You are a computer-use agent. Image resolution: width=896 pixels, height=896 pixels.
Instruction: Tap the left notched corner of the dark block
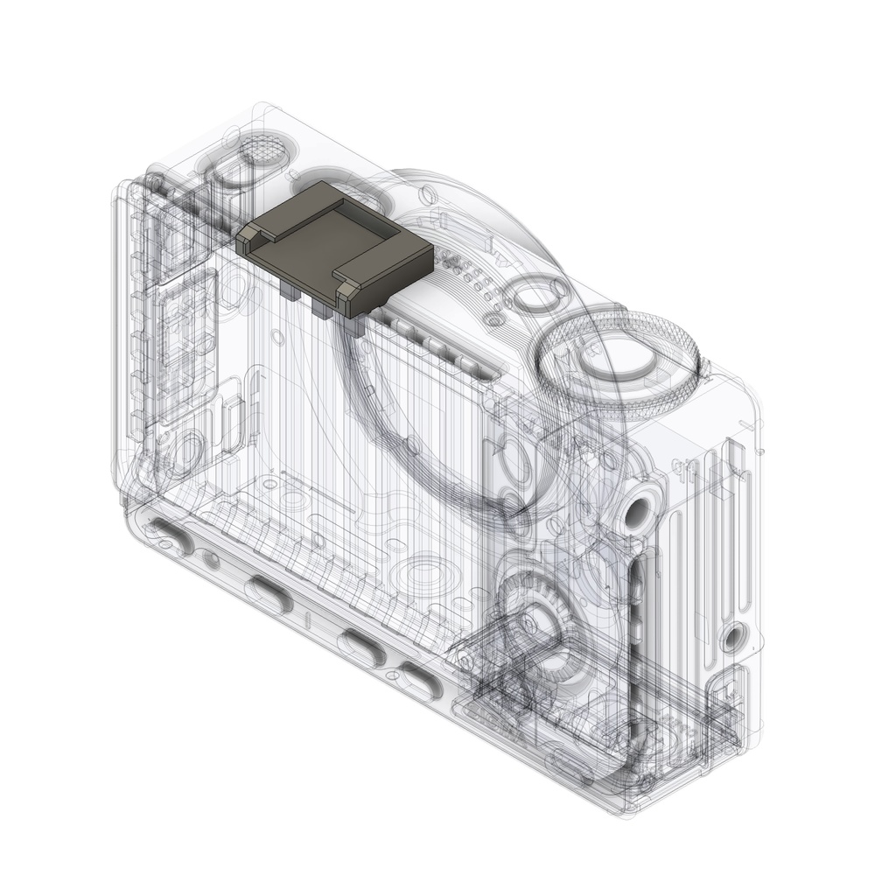coord(249,234)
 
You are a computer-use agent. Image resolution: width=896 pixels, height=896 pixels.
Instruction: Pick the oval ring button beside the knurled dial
coord(535,295)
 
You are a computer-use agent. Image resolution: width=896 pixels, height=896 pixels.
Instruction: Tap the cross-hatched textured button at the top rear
coord(262,150)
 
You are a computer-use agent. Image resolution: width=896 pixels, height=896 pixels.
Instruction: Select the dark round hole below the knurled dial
coord(638,511)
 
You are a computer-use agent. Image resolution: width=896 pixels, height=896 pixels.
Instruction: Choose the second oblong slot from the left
coord(269,595)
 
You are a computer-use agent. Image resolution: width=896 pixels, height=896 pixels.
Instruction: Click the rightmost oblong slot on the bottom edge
coord(421,680)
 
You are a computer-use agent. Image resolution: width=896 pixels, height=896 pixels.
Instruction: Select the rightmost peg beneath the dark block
coord(353,324)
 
